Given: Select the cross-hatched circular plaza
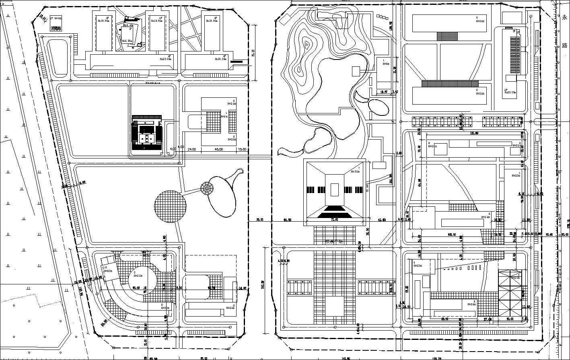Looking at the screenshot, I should click(170, 206).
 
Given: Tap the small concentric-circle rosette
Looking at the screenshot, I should click(208, 188).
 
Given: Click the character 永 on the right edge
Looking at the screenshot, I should click(565, 18).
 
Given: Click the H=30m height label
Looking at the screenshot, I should click(355, 171).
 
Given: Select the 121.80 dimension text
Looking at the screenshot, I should click(473, 133).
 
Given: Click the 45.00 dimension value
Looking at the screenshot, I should click(219, 149).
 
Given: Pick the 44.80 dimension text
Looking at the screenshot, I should click(287, 220).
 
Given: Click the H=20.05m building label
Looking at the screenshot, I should click(510, 92).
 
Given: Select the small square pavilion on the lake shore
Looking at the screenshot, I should click(356, 71).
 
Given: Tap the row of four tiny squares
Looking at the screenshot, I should click(383, 17).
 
